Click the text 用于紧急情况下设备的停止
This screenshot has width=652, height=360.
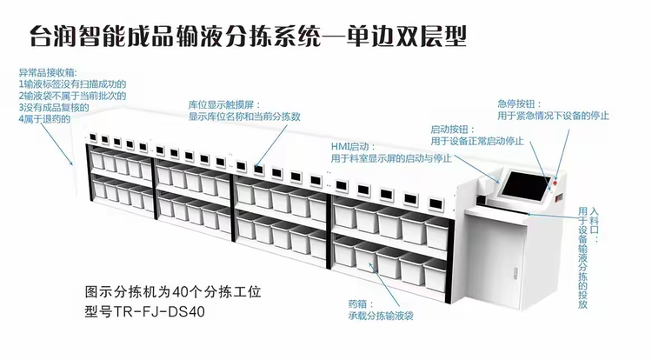tap(552, 116)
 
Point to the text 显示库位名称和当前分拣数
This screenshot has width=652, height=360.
tap(244, 116)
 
